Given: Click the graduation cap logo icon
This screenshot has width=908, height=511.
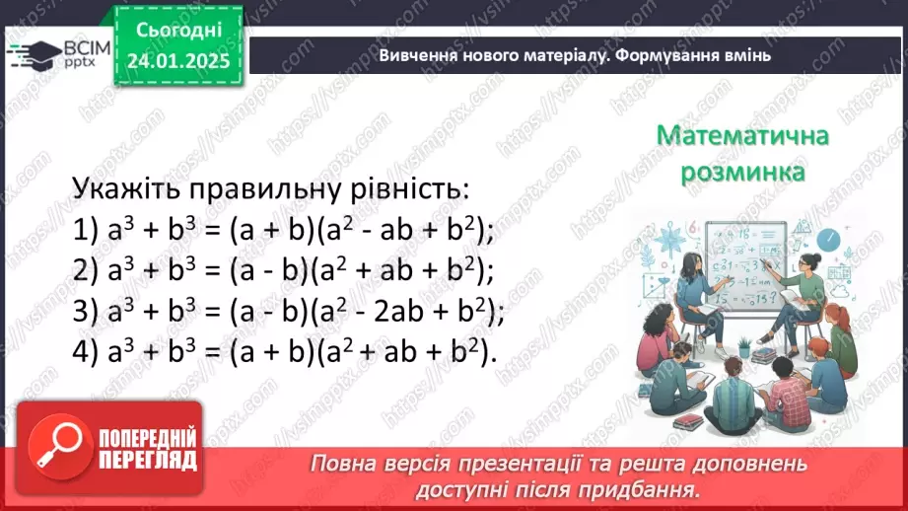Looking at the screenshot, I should pyautogui.click(x=35, y=54).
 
